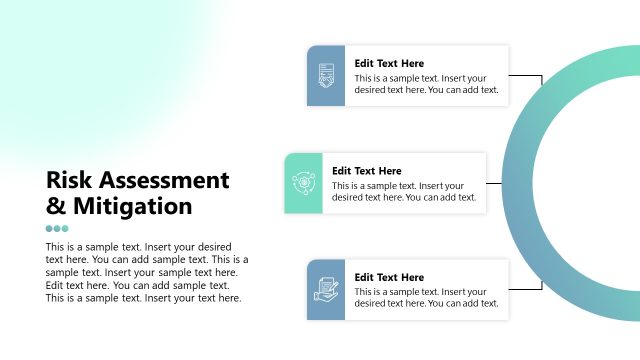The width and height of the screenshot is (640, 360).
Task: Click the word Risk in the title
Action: click(71, 181)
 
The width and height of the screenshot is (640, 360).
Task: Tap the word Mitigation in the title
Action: click(130, 207)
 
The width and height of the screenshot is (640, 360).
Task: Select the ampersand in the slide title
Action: click(56, 207)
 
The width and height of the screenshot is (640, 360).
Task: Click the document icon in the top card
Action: click(326, 75)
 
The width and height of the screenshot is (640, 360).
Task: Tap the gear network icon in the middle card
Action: click(303, 183)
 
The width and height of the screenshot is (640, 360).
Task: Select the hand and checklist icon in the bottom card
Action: click(326, 290)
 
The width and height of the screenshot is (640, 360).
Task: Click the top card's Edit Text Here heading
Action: click(389, 63)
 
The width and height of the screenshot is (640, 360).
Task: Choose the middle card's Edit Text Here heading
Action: click(367, 171)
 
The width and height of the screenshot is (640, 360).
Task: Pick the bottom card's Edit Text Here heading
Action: click(389, 277)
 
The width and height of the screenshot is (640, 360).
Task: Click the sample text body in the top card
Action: click(426, 83)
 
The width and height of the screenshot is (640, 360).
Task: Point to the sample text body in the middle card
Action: click(403, 191)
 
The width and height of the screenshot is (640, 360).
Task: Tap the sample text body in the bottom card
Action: click(426, 297)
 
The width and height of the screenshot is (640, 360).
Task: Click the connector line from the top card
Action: click(527, 76)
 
